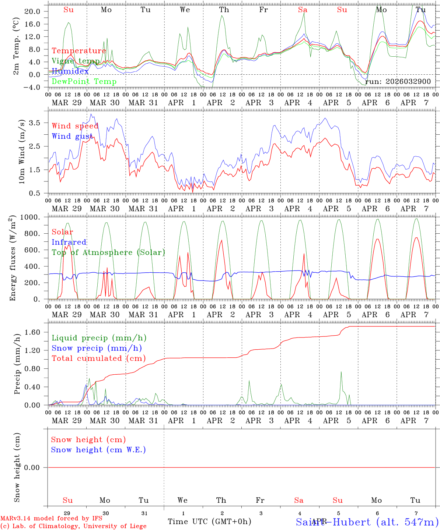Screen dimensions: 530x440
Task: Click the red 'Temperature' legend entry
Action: (x=79, y=51)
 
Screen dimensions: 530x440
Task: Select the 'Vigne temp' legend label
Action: (x=76, y=61)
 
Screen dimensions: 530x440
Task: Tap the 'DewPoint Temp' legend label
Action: (x=84, y=82)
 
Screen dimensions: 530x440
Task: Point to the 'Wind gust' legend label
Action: (x=72, y=136)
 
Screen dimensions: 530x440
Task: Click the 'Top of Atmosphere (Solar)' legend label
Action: (x=108, y=252)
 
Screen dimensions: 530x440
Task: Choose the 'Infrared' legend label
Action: (x=69, y=242)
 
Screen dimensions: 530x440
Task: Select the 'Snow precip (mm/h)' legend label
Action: (x=97, y=348)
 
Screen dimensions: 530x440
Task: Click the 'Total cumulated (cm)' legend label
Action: (x=98, y=358)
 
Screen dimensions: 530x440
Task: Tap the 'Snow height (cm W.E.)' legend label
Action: (x=98, y=450)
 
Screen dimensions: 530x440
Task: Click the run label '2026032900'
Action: (x=398, y=81)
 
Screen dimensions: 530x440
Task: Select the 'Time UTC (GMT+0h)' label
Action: (x=209, y=522)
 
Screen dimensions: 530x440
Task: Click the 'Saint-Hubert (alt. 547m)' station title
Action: (x=367, y=522)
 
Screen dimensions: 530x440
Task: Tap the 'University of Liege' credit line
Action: (x=74, y=526)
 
